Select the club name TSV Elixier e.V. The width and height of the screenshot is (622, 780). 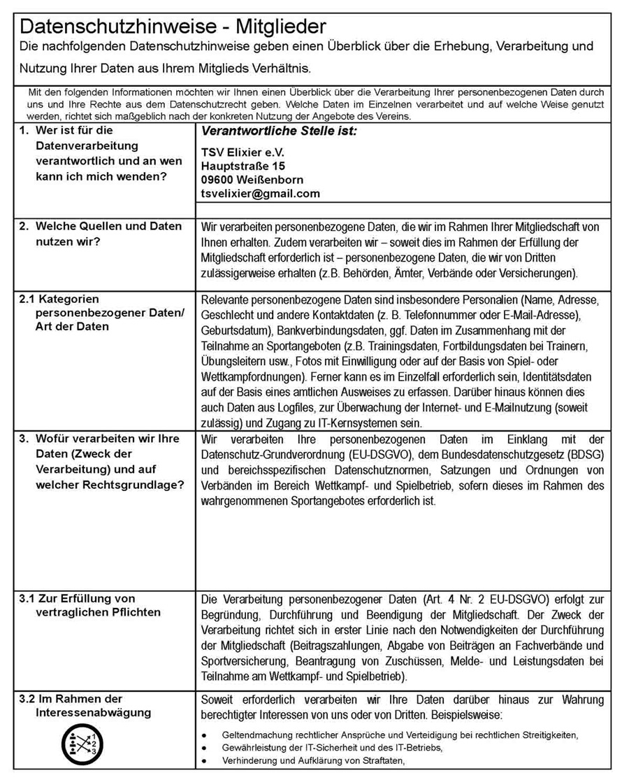[x=243, y=153]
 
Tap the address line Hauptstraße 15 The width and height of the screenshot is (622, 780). [x=243, y=166]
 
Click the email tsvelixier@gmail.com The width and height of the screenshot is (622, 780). [x=260, y=194]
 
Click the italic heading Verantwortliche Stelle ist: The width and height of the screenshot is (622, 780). [x=278, y=130]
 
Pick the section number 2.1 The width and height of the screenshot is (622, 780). [x=27, y=299]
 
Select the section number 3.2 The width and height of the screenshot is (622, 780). [x=27, y=699]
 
